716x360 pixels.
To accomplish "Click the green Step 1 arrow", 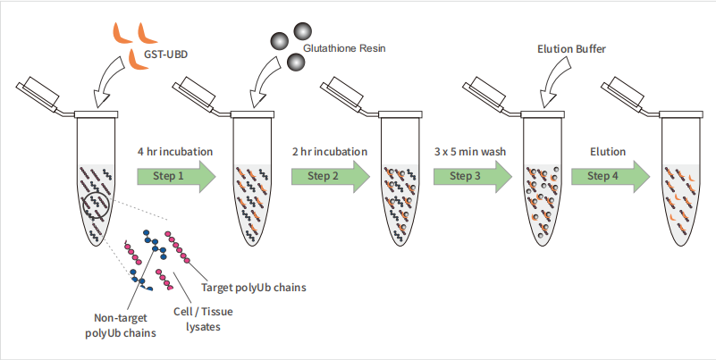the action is coord(176,176).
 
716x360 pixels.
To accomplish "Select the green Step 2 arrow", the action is coord(331,176).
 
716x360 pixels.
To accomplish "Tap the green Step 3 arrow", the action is coord(473,176).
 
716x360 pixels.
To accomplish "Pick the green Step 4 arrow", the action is coord(611,176).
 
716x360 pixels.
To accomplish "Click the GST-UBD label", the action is coord(166,54).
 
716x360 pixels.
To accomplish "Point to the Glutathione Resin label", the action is coord(344,48).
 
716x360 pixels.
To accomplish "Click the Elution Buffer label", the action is coord(572,49).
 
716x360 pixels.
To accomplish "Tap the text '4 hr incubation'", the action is coord(175,152).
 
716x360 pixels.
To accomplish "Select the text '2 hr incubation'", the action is coord(330,152).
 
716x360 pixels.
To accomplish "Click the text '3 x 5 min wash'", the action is coord(470,152).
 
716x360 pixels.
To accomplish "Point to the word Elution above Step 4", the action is coord(608,152).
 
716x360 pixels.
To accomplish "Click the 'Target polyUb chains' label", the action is coord(254,288).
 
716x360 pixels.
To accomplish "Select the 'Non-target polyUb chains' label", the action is coord(121,325).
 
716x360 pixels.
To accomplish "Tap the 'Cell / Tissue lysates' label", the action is coord(203,319).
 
